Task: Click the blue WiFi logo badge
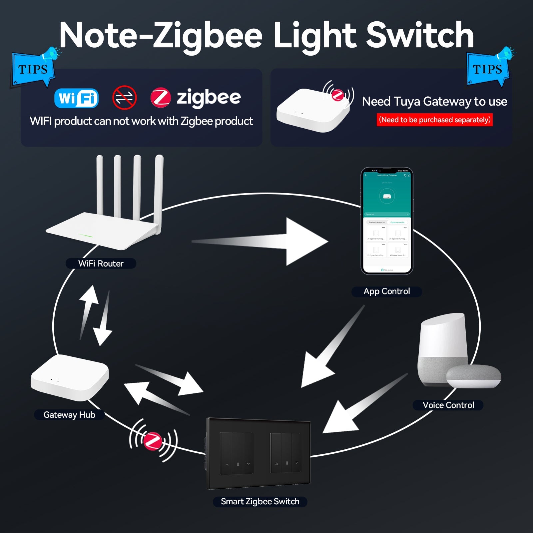(x=76, y=98)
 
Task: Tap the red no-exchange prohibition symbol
(x=124, y=98)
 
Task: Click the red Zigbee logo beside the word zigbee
(x=161, y=98)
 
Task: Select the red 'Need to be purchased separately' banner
(x=434, y=120)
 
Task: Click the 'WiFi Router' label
(x=101, y=264)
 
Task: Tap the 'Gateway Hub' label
(x=69, y=415)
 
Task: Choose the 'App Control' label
(x=386, y=291)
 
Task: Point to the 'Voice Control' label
(x=448, y=405)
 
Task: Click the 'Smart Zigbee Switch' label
(x=260, y=501)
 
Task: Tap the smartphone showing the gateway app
(x=387, y=221)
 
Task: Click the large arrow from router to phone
(x=266, y=242)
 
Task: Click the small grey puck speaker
(x=473, y=376)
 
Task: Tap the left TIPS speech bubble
(x=33, y=69)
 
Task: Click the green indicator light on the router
(x=86, y=236)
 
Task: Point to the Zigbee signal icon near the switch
(x=153, y=440)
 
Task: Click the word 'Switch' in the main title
(x=420, y=35)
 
